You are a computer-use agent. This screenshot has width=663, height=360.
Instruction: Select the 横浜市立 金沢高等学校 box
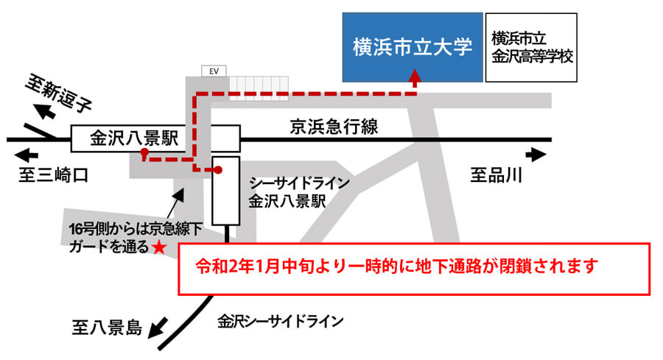pos(530,46)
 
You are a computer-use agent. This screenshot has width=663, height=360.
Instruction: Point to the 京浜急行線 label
pos(332,127)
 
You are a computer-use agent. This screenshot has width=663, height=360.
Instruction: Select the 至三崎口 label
pos(53,175)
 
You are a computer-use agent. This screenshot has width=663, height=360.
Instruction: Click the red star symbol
pos(158,247)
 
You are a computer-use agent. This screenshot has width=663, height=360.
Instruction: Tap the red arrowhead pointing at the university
pos(415,75)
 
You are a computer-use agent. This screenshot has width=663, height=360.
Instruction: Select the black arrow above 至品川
pos(536,155)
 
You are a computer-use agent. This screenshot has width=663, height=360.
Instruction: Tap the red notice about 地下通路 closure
pos(415,266)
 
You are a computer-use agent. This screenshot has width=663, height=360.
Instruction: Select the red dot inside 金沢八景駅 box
pos(144,154)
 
